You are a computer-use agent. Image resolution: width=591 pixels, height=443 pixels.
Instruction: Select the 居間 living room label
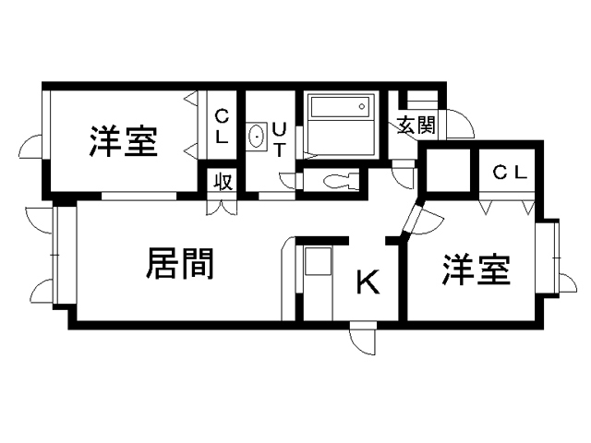tap(180, 264)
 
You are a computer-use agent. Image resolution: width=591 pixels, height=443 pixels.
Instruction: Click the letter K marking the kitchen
tap(368, 282)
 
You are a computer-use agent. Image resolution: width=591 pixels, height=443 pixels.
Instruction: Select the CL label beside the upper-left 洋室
tap(223, 125)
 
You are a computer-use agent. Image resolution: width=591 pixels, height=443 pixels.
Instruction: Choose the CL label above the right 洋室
tap(509, 172)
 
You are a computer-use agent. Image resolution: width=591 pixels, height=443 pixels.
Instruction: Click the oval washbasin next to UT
tap(257, 139)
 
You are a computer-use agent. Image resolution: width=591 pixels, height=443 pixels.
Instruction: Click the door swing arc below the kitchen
tap(364, 339)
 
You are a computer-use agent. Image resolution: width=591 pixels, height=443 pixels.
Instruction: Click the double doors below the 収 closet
tap(223, 204)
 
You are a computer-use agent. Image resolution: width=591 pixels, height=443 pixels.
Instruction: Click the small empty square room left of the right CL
tap(447, 171)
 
